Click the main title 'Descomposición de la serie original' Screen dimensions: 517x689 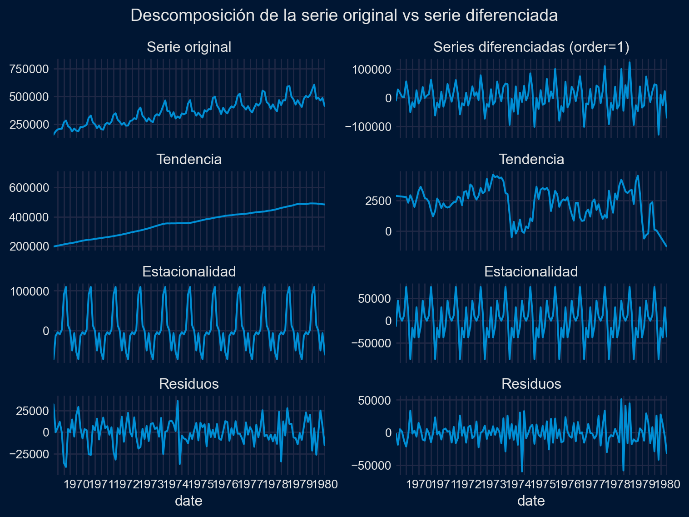pyautogui.click(x=344, y=15)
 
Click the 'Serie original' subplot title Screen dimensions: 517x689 pyautogui.click(x=189, y=47)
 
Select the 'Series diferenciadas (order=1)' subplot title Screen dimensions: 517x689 pyautogui.click(x=531, y=47)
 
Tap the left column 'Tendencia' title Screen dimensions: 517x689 pyautogui.click(x=189, y=160)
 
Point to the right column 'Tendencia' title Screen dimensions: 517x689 pyautogui.click(x=531, y=160)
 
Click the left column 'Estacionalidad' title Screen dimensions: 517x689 pyautogui.click(x=189, y=272)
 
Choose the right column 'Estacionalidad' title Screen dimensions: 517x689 pyautogui.click(x=531, y=272)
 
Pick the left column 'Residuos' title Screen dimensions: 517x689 pyautogui.click(x=189, y=384)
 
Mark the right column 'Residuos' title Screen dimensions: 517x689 pyautogui.click(x=531, y=384)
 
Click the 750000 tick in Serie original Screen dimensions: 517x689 pyautogui.click(x=29, y=70)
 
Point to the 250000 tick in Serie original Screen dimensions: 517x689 pyautogui.click(x=29, y=125)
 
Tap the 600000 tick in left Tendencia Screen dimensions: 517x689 pyautogui.click(x=29, y=188)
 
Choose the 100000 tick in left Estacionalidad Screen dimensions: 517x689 pyautogui.click(x=29, y=291)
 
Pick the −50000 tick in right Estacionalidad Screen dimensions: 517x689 pyautogui.click(x=371, y=343)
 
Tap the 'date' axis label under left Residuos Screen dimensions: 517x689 pyautogui.click(x=189, y=501)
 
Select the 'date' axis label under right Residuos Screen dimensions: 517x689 pyautogui.click(x=531, y=501)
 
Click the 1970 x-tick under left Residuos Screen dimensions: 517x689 pyautogui.click(x=76, y=484)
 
